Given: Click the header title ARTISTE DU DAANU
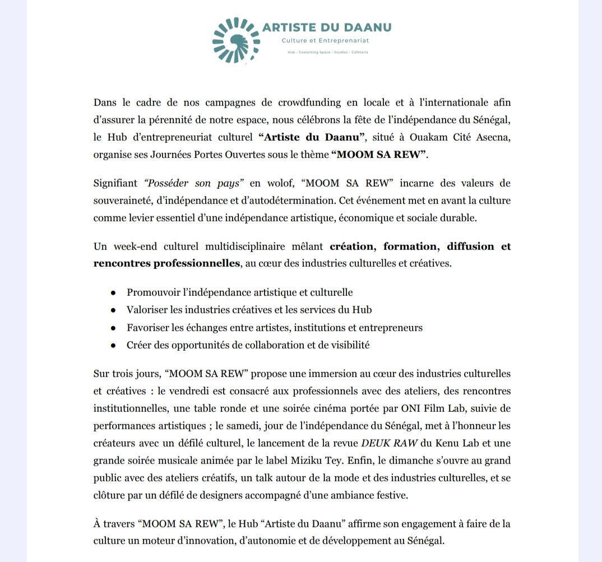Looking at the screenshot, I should pyautogui.click(x=327, y=27).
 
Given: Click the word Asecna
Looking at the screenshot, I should pyautogui.click(x=492, y=138).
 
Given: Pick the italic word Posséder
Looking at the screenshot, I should pyautogui.click(x=162, y=183).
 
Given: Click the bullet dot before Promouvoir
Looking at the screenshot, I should pyautogui.click(x=113, y=292).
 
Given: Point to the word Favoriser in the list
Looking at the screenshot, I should pyautogui.click(x=147, y=328).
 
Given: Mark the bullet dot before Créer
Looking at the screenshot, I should pyautogui.click(x=113, y=346).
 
